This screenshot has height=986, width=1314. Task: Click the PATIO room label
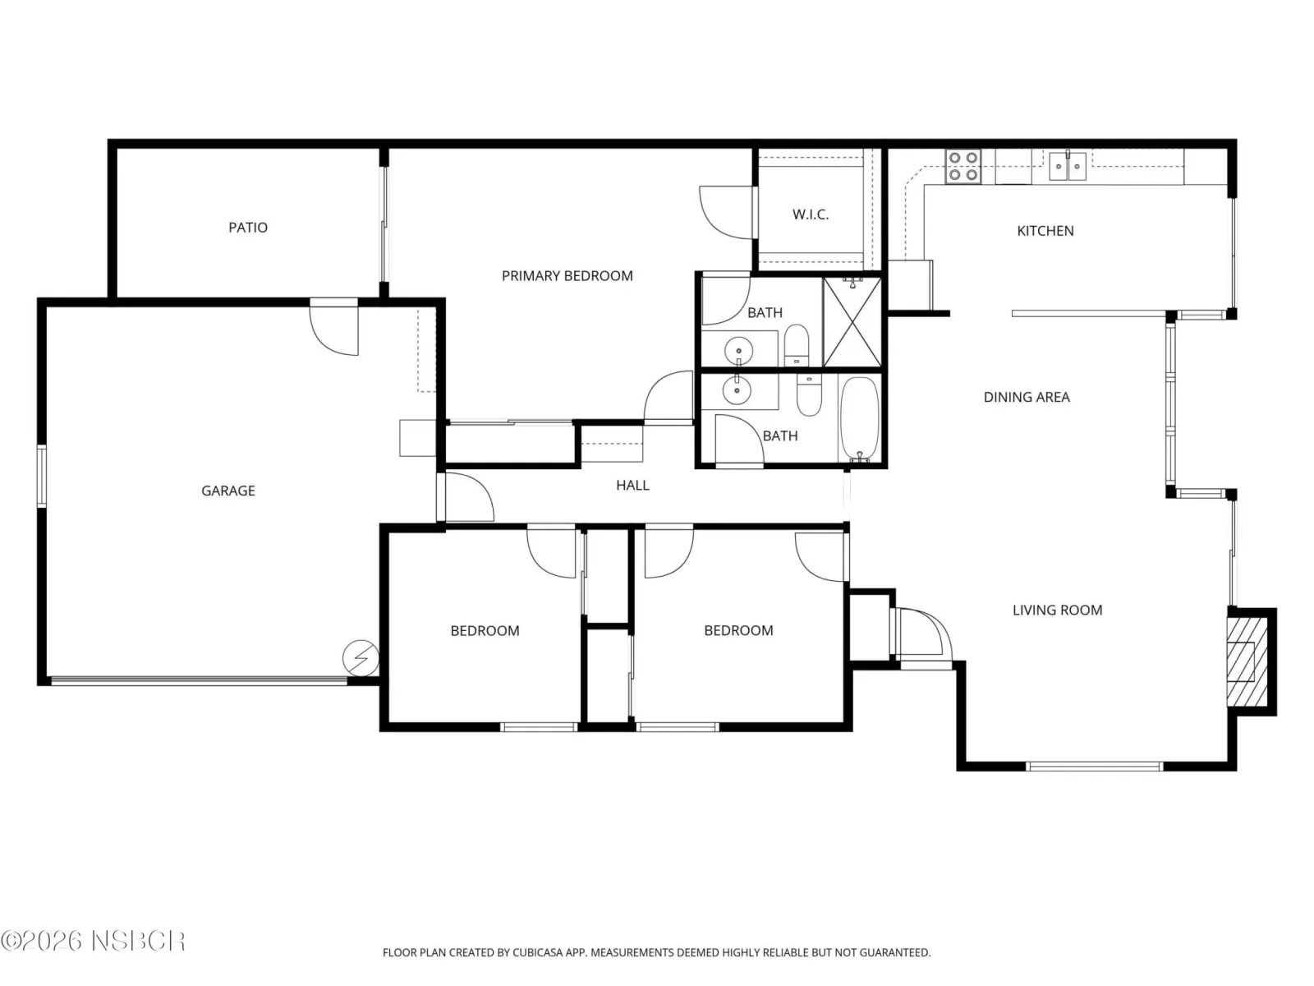[x=248, y=228]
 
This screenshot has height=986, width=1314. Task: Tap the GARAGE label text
[x=228, y=491]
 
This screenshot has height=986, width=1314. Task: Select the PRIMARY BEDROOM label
[x=567, y=276]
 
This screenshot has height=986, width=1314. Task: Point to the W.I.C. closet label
[x=811, y=214]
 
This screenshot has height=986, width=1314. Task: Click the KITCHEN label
[x=1045, y=231]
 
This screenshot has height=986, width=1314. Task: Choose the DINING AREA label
[x=1027, y=397]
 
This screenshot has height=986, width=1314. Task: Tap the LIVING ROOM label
[x=1057, y=610]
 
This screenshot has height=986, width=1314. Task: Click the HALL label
[x=632, y=485]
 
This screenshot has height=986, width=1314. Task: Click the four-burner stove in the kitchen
[x=963, y=167]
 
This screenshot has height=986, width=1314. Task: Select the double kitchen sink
[x=1068, y=167]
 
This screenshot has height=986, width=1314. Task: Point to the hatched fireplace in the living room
[x=1247, y=661]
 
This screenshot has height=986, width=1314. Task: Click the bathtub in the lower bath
[x=860, y=419]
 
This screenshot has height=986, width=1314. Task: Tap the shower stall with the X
[x=852, y=322]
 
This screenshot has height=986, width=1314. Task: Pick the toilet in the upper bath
[x=796, y=345]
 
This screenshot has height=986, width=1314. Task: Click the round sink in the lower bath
[x=737, y=391]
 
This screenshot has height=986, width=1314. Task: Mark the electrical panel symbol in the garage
[x=361, y=658]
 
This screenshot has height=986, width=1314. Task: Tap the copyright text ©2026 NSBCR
[x=93, y=941]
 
